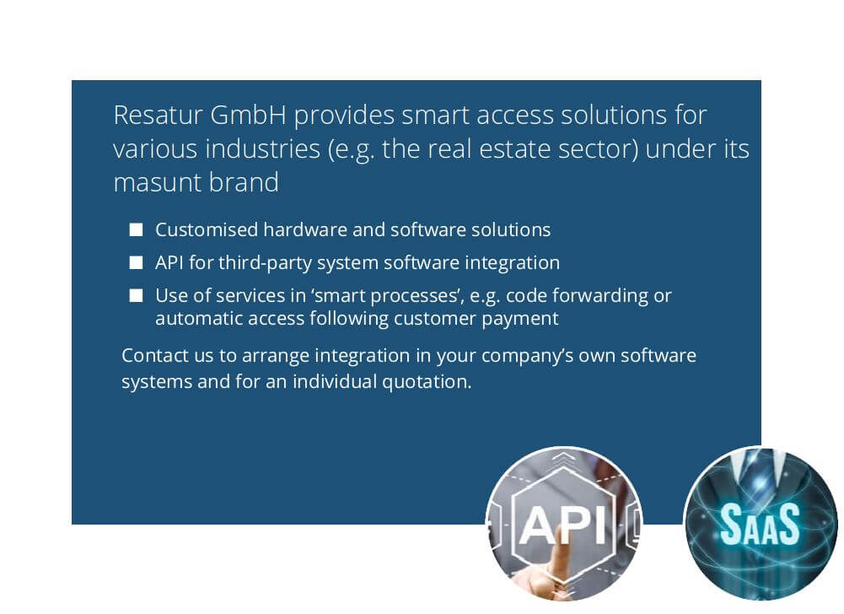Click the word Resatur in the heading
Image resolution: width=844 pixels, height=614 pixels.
[159, 115]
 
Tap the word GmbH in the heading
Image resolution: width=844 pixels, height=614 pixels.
[248, 115]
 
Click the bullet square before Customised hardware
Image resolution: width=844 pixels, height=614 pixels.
[137, 230]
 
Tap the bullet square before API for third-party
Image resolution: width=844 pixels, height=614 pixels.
[137, 263]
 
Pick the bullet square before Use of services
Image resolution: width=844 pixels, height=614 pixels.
[137, 296]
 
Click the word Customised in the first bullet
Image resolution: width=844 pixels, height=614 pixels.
[207, 230]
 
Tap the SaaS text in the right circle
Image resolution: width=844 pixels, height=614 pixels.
[760, 523]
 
